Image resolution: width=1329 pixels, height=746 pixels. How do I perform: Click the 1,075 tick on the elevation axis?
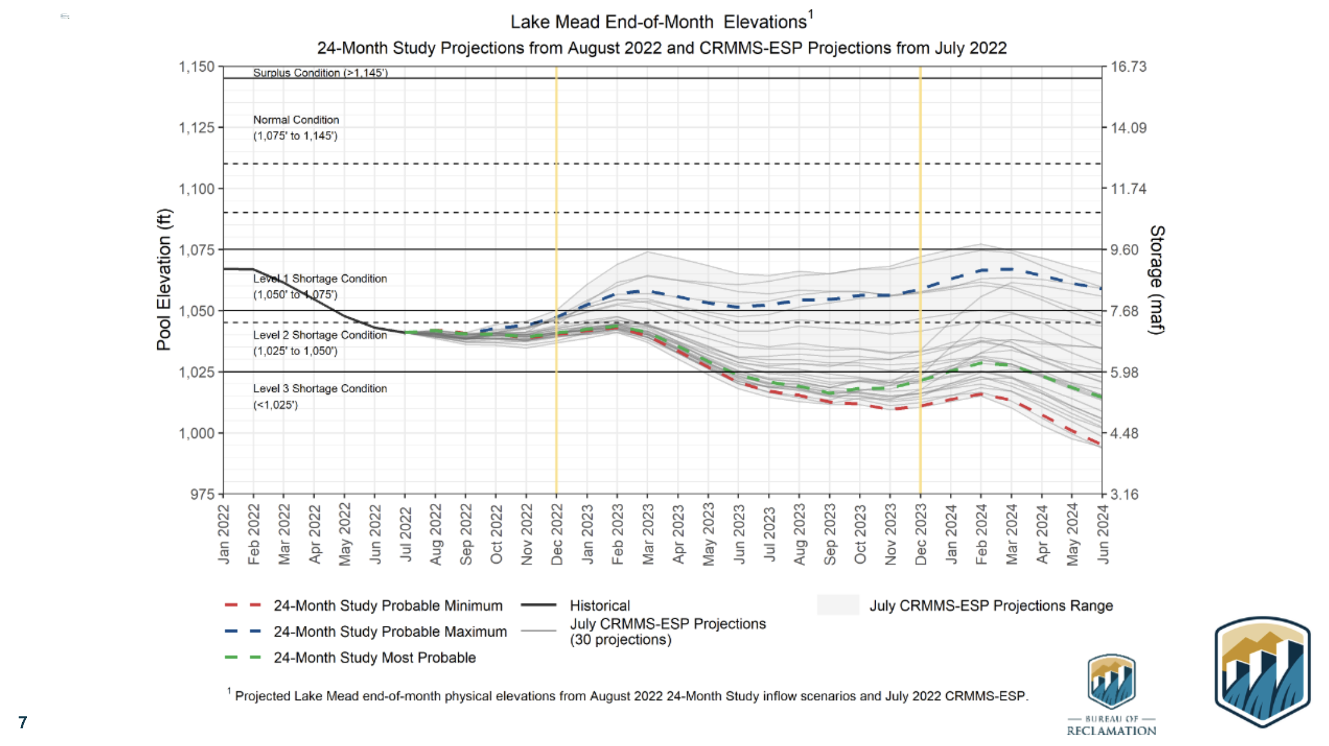pyautogui.click(x=197, y=250)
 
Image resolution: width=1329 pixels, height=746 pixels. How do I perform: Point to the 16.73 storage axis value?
pyautogui.click(x=1128, y=67)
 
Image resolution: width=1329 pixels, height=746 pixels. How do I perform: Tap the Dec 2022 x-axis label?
pyautogui.click(x=557, y=534)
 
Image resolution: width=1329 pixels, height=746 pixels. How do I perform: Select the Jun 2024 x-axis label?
pyautogui.click(x=1103, y=534)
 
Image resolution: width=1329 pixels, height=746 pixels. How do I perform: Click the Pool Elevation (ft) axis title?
pyautogui.click(x=164, y=279)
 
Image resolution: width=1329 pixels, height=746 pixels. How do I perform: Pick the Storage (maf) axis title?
pyautogui.click(x=1157, y=280)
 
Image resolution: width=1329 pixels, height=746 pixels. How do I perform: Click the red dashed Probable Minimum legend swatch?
pyautogui.click(x=243, y=605)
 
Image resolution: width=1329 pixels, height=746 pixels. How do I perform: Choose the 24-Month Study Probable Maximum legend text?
pyautogui.click(x=390, y=631)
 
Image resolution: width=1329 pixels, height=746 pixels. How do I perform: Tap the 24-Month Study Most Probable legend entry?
pyautogui.click(x=374, y=658)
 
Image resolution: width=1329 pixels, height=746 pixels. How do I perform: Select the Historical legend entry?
pyautogui.click(x=599, y=606)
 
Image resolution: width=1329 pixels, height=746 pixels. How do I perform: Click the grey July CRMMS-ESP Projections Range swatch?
pyautogui.click(x=837, y=605)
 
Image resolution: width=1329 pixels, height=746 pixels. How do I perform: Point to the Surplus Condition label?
pyautogui.click(x=320, y=73)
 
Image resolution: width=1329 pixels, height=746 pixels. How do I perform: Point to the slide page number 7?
pyautogui.click(x=23, y=722)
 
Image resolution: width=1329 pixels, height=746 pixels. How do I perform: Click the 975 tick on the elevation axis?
pyautogui.click(x=202, y=494)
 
